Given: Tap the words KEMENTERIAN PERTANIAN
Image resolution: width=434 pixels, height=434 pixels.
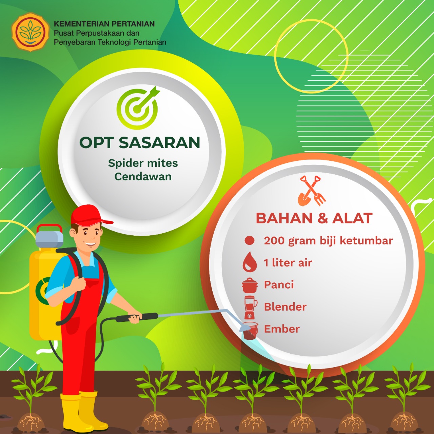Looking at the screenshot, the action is pos(104,24).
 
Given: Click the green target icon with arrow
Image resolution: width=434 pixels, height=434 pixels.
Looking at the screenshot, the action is pos(138,108).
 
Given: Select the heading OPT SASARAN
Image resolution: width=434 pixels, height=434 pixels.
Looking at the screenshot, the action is pos(140,142).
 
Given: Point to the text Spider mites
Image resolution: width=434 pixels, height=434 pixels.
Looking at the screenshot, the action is pos(143,163).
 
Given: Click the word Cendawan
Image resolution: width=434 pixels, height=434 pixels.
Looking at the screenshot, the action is pos(143,177).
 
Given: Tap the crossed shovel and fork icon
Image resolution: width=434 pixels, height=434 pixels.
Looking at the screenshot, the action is pos(312,191).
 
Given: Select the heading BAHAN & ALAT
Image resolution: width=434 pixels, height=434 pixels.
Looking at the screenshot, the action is pos(314,218).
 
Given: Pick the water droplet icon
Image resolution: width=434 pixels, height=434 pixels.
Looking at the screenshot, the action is pos(250,262).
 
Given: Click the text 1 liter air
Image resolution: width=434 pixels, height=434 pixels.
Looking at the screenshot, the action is pos(288,263).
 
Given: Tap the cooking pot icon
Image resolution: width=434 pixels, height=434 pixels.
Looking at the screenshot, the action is pos(250,285).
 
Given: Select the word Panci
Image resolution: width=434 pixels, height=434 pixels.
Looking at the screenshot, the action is pos(279,285).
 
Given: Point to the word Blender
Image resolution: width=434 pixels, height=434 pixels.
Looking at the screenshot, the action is pos(285,307).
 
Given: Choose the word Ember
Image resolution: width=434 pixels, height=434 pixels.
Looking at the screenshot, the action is pos(282,329).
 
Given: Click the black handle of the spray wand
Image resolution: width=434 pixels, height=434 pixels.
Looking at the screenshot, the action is pos(137,317).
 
